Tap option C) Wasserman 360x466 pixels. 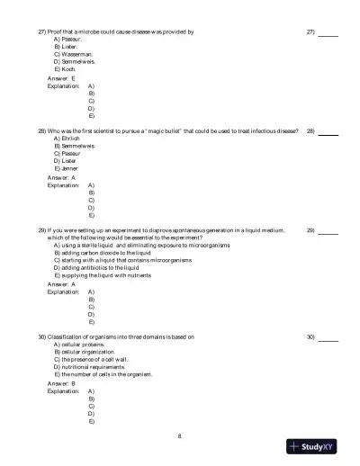72,54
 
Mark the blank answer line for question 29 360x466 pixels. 328,233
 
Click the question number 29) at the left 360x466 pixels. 42,230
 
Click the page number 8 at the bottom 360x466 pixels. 180,436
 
